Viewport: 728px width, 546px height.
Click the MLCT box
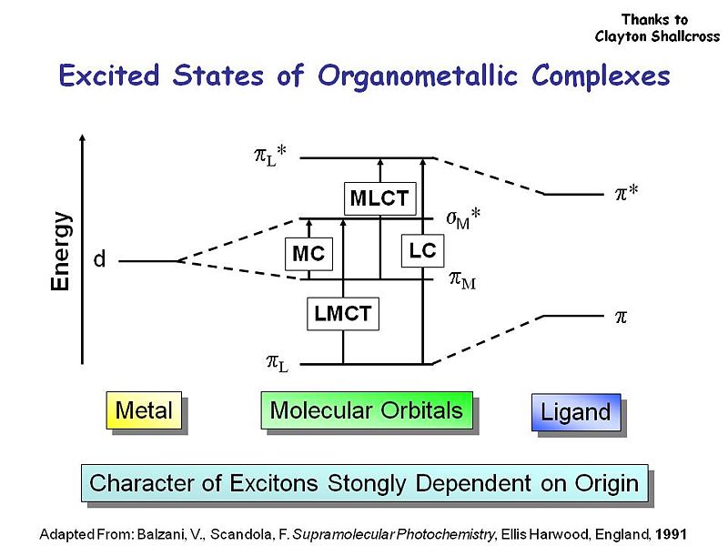click(379, 197)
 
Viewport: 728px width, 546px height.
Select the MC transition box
click(308, 254)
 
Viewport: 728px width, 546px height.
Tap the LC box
click(422, 251)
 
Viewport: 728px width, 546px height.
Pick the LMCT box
click(342, 314)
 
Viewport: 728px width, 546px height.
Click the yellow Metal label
click(144, 410)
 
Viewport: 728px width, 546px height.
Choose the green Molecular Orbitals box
click(367, 410)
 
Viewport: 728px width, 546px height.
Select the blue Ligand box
click(575, 412)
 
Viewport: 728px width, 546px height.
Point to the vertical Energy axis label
click(60, 251)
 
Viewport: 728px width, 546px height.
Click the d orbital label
click(100, 260)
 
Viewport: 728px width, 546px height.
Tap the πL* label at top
click(270, 157)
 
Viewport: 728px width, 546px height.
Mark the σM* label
click(463, 219)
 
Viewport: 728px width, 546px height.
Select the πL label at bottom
click(277, 363)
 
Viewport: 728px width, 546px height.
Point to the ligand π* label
click(625, 193)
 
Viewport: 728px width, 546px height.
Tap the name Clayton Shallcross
click(657, 36)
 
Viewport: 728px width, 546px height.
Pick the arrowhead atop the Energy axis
click(83, 138)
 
